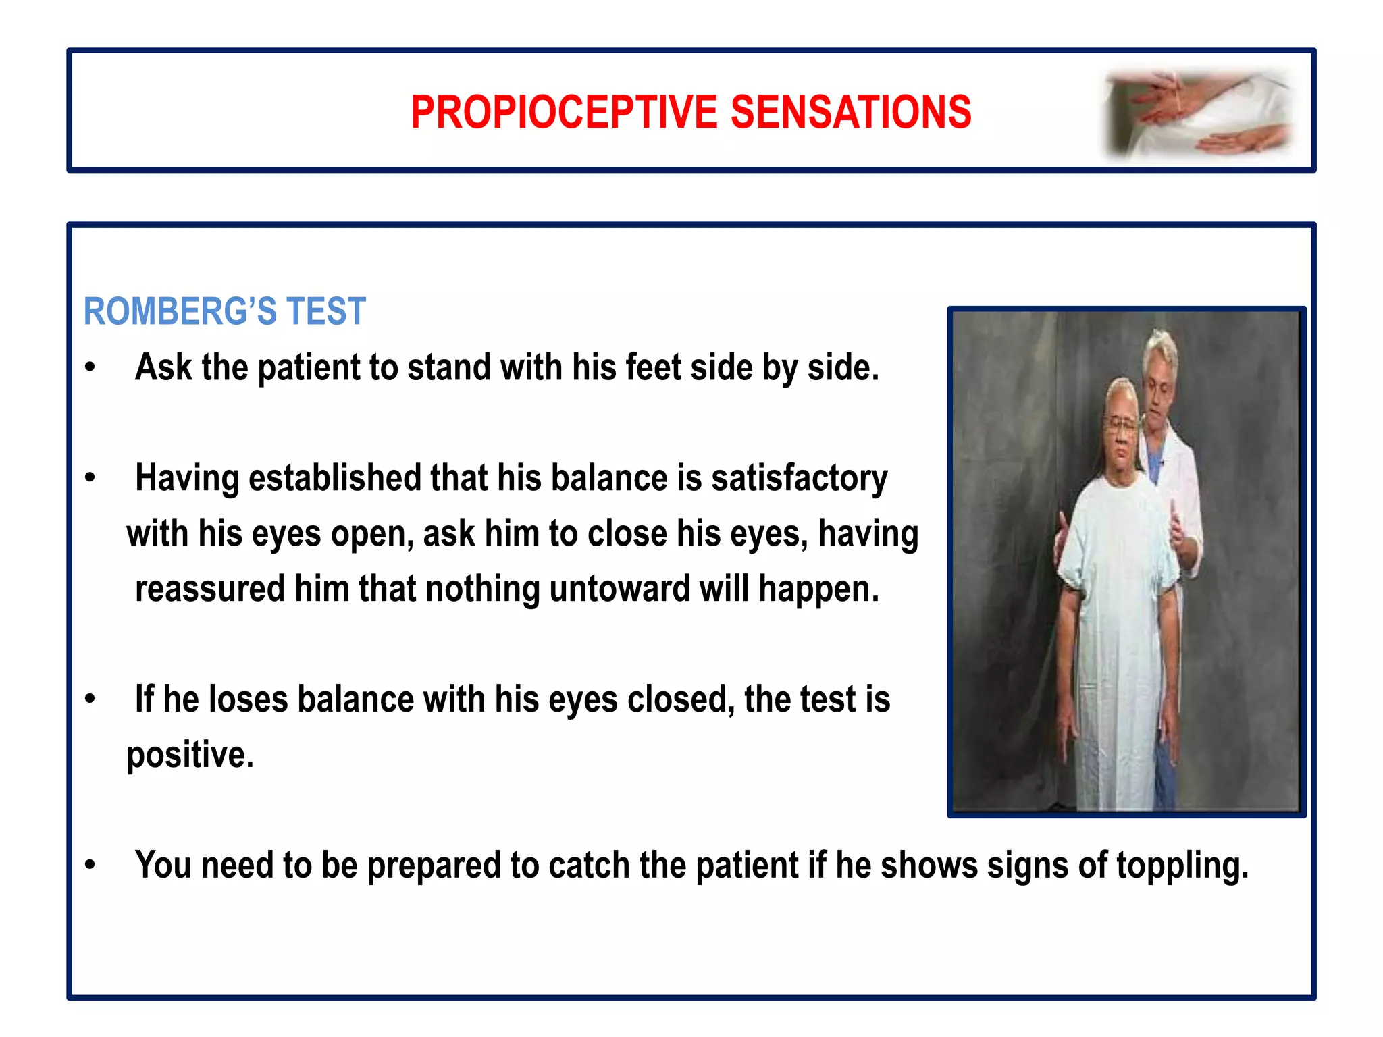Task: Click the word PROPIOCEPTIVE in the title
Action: (564, 112)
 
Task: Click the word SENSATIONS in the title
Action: (851, 112)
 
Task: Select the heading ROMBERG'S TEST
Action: (224, 312)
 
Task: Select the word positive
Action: (190, 755)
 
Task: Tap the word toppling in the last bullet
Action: (1182, 866)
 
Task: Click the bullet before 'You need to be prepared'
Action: (90, 866)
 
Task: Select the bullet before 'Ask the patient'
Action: (90, 368)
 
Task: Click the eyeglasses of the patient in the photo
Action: (1122, 425)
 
